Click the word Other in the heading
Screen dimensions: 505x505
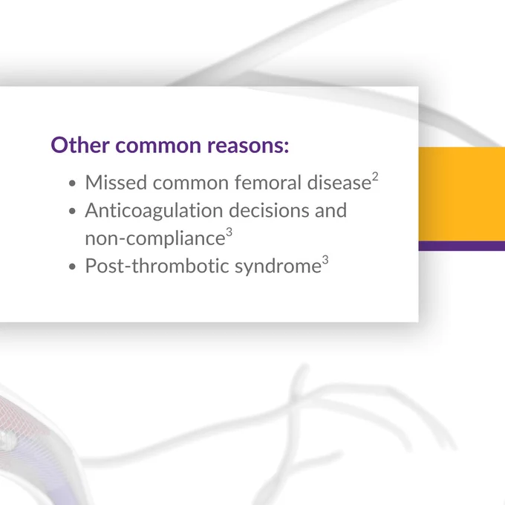(80, 145)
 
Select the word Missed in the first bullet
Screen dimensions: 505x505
(117, 183)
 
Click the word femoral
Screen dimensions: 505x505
(268, 182)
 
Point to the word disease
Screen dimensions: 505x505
(339, 182)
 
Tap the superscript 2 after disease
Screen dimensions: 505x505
(375, 177)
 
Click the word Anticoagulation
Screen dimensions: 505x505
(154, 211)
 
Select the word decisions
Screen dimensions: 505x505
(269, 210)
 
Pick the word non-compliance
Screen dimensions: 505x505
(155, 238)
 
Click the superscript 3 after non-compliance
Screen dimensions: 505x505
(229, 232)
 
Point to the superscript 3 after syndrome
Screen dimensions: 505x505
(325, 260)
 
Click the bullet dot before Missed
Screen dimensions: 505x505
(72, 183)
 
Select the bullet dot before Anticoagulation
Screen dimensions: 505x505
(72, 211)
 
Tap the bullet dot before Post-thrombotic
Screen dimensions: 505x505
(72, 267)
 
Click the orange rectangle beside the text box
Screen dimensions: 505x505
(462, 194)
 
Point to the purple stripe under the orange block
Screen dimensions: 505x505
(462, 246)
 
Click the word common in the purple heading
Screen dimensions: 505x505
(158, 146)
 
